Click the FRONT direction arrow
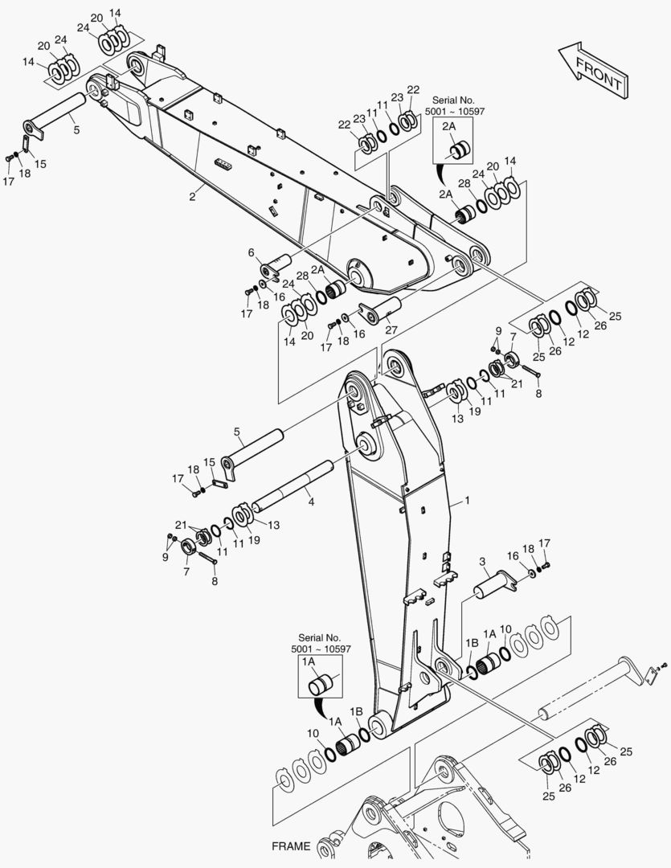pyautogui.click(x=594, y=71)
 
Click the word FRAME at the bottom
pyautogui.click(x=291, y=845)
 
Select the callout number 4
pyautogui.click(x=311, y=502)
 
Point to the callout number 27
pyautogui.click(x=391, y=330)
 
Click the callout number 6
pyautogui.click(x=252, y=253)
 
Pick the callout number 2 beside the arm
pyautogui.click(x=192, y=197)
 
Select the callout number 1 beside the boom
pyautogui.click(x=467, y=501)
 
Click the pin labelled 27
pyautogui.click(x=381, y=310)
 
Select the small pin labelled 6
pyautogui.click(x=276, y=266)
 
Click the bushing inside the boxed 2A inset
pyautogui.click(x=460, y=150)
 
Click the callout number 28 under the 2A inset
pyautogui.click(x=464, y=184)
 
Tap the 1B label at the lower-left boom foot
pyautogui.click(x=355, y=711)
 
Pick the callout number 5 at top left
pyautogui.click(x=76, y=130)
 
